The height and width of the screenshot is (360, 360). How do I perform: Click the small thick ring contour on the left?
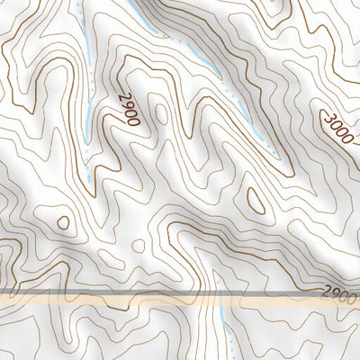63,221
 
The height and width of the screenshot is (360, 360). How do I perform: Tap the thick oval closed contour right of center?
256,200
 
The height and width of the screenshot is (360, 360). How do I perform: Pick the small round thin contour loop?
138,245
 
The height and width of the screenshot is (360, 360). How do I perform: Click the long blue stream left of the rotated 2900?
86,90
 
